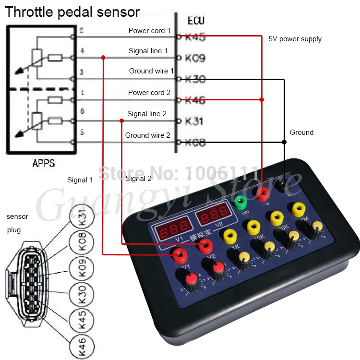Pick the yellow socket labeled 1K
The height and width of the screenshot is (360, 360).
[x=230, y=235]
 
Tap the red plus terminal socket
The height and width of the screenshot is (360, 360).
[x=262, y=193]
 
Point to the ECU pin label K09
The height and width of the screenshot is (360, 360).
[x=195, y=58]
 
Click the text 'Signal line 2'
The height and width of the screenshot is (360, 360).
[x=147, y=114]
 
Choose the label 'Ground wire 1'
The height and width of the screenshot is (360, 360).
[x=151, y=71]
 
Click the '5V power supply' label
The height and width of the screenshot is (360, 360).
[x=295, y=39]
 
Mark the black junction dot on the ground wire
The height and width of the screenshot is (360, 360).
[x=284, y=142]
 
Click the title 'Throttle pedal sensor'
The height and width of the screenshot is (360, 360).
[x=72, y=12]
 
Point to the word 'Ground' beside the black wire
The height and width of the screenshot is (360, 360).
[x=301, y=132]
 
